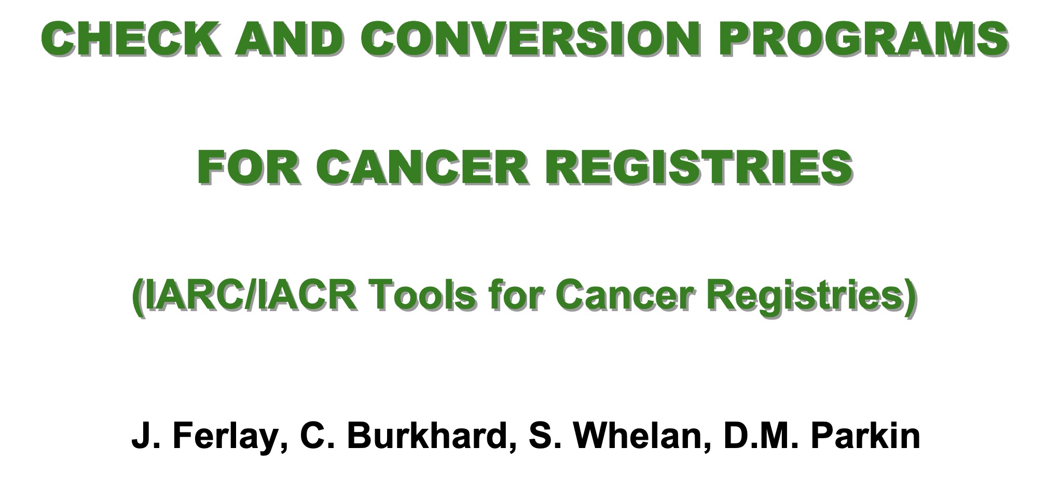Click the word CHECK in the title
point(131,39)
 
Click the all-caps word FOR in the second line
point(251,167)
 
